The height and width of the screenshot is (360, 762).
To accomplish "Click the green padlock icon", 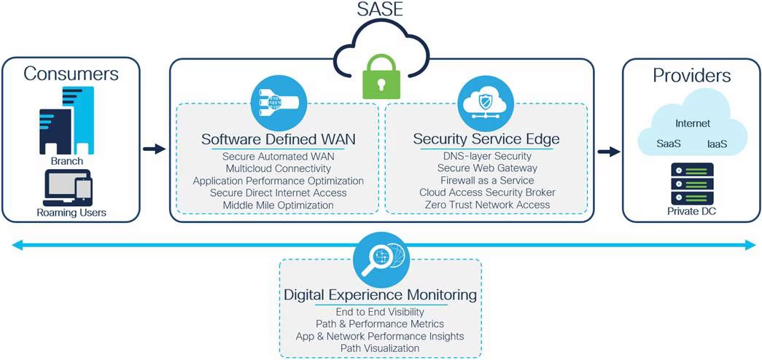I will (x=381, y=79).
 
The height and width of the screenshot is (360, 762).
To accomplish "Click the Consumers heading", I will (x=71, y=74).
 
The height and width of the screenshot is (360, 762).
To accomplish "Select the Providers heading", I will (x=691, y=75).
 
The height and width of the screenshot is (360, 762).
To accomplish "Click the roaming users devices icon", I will (x=67, y=187).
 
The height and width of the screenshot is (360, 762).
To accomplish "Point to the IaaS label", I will (x=717, y=144).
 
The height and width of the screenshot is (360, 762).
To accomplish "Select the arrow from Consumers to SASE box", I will (x=155, y=149).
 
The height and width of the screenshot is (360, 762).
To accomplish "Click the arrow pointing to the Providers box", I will (x=607, y=152).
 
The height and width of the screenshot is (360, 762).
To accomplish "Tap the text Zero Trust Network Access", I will (x=486, y=205).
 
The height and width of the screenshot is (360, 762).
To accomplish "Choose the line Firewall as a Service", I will (x=486, y=180).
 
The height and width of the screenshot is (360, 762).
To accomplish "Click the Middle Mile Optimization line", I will (x=278, y=205).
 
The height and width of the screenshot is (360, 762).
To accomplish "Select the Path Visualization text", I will (x=380, y=348).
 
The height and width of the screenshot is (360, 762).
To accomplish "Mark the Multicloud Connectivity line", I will (x=278, y=168).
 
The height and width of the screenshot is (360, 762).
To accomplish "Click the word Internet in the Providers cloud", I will (x=692, y=123).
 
